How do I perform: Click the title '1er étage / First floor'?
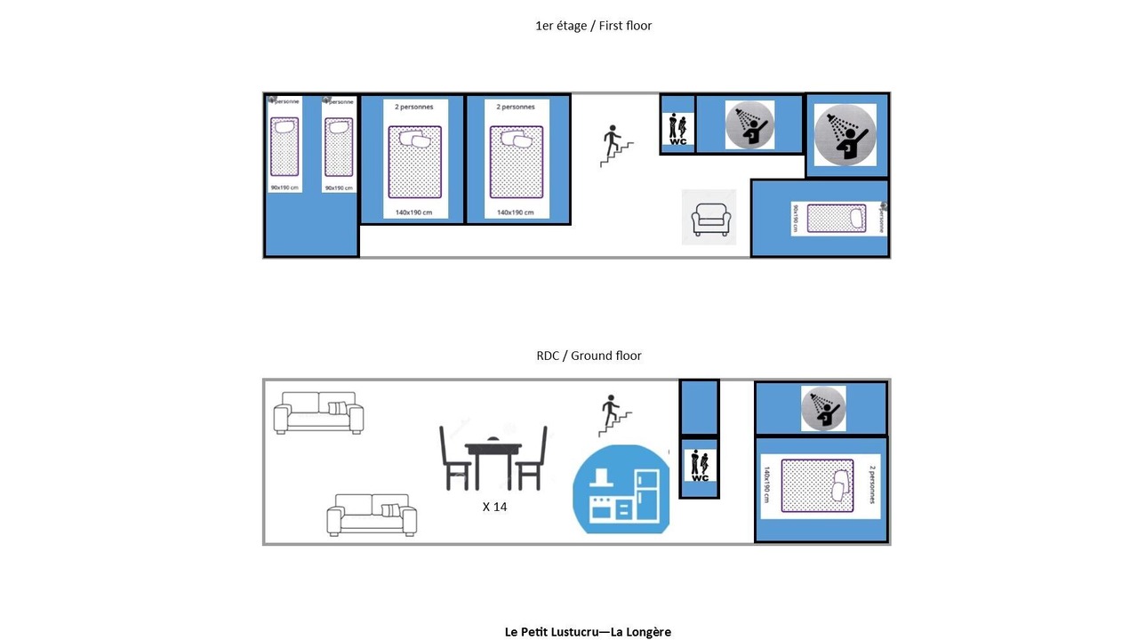coord(593,26)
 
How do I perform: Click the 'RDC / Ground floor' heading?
coord(589,356)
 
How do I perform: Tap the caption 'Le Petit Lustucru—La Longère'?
coord(588,632)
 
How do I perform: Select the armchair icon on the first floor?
coord(710,219)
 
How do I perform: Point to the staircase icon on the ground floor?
coord(614,416)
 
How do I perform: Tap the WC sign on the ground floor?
coord(700,466)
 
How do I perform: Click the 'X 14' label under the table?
coord(494,507)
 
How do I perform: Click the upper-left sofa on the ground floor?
coord(318,412)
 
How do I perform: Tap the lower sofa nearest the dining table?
coord(372,515)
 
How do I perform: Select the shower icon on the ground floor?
coord(822,408)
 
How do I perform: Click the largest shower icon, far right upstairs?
coord(845,134)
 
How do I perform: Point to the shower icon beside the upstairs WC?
coord(749,124)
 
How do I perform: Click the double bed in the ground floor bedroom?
coord(817,485)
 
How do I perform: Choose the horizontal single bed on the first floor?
coord(836,219)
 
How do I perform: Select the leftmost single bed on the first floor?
coord(284,146)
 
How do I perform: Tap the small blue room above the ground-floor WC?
coord(699,407)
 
